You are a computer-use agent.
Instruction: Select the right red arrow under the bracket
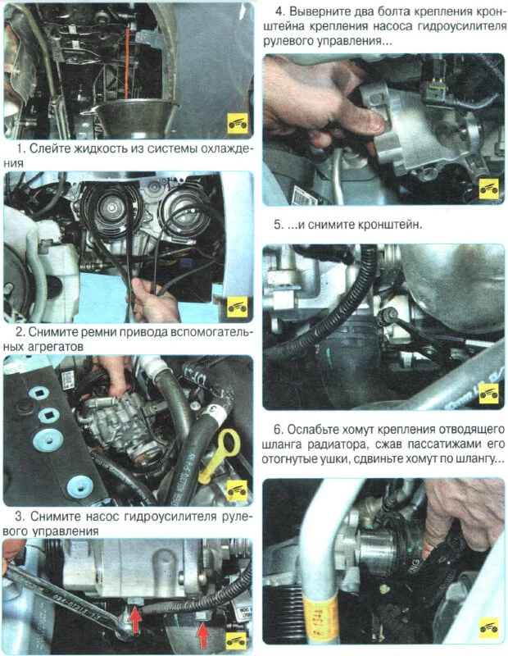click(202, 635)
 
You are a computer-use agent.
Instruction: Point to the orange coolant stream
click(126, 63)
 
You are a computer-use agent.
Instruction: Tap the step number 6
click(279, 429)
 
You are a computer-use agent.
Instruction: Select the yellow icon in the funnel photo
click(238, 124)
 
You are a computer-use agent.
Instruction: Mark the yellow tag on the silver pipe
click(320, 613)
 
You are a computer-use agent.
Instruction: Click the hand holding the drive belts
click(152, 299)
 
